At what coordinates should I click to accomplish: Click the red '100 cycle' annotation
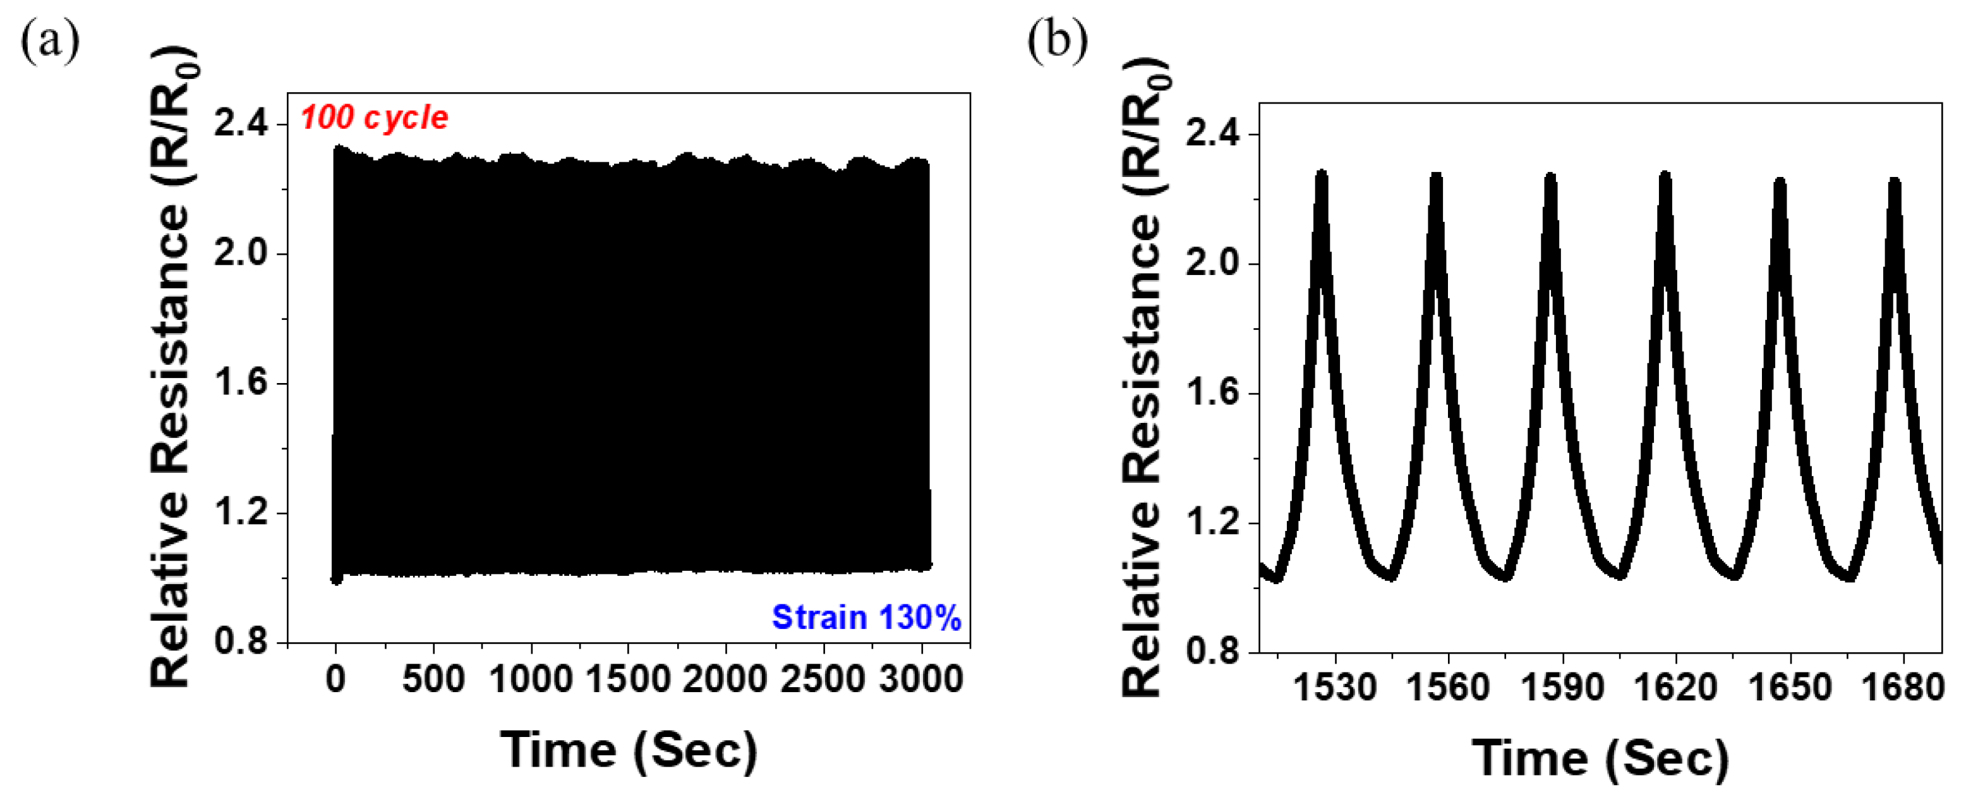coord(374,118)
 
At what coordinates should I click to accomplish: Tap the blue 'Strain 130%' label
coord(865,617)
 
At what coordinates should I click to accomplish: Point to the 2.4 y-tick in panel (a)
coord(241,124)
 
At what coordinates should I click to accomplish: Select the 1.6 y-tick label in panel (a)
coord(241,382)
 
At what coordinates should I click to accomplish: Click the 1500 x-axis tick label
coord(627,679)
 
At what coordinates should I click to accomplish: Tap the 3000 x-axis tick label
coord(920,679)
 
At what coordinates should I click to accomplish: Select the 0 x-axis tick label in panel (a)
coord(336,679)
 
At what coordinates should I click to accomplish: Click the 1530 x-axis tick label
coord(1335,687)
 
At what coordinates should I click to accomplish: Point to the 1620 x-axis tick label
coord(1675,687)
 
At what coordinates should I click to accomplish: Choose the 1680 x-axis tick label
coord(1903,687)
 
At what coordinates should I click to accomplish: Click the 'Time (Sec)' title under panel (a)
coord(629,750)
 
